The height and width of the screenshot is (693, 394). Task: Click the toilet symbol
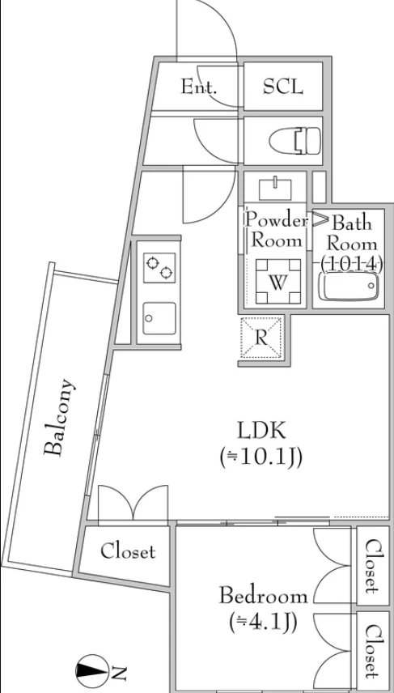point(294,141)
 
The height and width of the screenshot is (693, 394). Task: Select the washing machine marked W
point(278,282)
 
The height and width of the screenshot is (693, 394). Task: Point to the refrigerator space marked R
point(261,338)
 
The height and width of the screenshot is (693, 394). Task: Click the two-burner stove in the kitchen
point(159,268)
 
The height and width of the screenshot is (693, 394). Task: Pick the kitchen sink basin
point(159,318)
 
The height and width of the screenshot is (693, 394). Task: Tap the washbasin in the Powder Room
point(276,189)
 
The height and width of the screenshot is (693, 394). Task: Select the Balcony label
point(60,417)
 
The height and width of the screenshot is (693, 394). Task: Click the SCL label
point(283,87)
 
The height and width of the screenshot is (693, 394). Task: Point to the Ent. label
point(199,87)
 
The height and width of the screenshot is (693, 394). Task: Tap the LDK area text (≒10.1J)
point(261,458)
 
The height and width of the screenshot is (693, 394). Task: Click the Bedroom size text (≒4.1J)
point(263,623)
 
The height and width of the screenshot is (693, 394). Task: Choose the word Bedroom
point(264,596)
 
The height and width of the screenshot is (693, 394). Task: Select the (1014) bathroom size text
point(352,264)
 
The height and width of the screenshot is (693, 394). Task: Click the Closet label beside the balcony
point(128,551)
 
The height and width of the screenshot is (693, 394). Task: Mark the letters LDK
point(261,431)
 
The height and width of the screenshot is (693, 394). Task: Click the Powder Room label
point(277,230)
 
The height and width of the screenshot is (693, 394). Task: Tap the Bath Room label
point(352,234)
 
